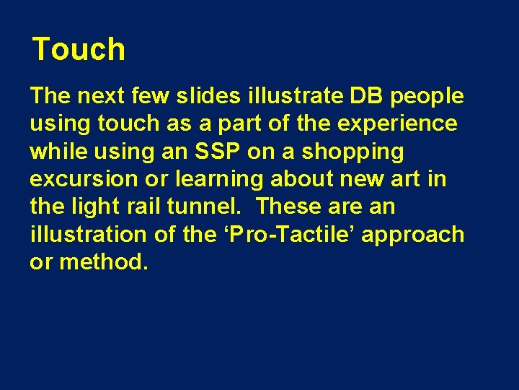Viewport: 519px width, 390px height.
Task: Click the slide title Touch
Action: click(79, 50)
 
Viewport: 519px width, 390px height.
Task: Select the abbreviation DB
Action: click(369, 96)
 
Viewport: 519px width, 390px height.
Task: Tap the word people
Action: click(428, 96)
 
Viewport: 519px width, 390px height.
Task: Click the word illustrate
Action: click(290, 96)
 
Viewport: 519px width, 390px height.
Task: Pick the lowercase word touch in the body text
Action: click(127, 123)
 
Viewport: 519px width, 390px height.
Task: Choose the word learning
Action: click(213, 179)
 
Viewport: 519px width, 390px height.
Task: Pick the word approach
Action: click(414, 235)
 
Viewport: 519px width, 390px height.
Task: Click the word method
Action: click(104, 261)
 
